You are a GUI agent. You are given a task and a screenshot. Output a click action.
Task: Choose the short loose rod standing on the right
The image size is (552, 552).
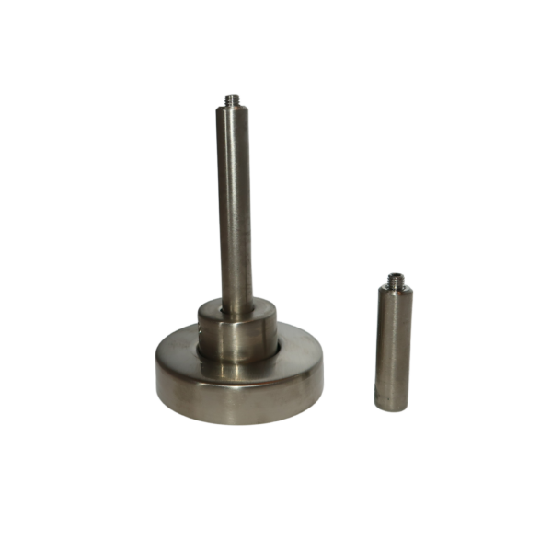click(x=394, y=345)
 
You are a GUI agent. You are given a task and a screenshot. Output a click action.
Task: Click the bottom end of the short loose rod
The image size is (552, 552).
click(x=391, y=407)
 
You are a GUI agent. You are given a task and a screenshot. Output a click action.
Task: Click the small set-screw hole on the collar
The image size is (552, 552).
click(x=201, y=324)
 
